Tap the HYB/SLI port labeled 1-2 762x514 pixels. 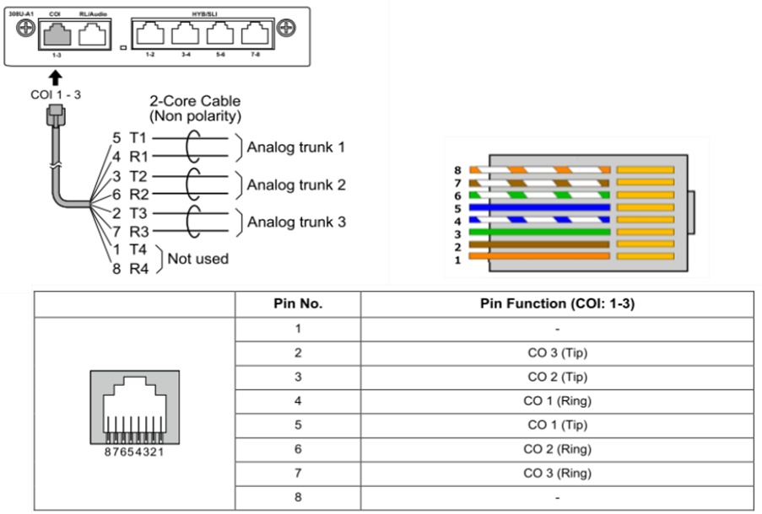150,35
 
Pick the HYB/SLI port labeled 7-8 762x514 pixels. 254,35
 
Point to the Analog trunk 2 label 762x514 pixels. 295,185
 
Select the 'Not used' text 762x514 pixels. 197,259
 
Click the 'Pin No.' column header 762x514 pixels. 297,304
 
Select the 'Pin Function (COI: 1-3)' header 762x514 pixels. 557,304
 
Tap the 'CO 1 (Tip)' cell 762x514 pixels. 557,425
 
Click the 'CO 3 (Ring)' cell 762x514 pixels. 557,474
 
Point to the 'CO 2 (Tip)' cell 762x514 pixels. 557,377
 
